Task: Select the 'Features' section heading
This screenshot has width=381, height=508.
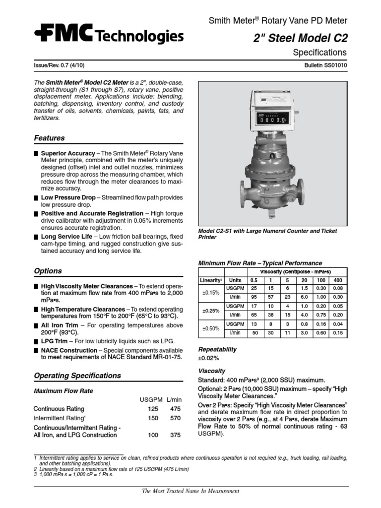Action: (x=49, y=138)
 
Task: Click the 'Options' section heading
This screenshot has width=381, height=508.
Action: (x=48, y=271)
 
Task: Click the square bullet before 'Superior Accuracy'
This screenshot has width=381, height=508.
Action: (x=36, y=154)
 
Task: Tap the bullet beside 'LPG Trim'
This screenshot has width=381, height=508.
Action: (x=36, y=342)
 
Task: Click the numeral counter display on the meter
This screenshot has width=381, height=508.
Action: (x=274, y=120)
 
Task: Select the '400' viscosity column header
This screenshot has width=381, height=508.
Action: (x=338, y=280)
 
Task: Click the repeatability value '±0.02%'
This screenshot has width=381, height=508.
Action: (x=208, y=358)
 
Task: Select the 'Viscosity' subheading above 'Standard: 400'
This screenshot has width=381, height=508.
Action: (x=212, y=371)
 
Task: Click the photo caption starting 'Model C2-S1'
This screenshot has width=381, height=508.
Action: (x=267, y=234)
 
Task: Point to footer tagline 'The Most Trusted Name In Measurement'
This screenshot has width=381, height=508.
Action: (x=190, y=491)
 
